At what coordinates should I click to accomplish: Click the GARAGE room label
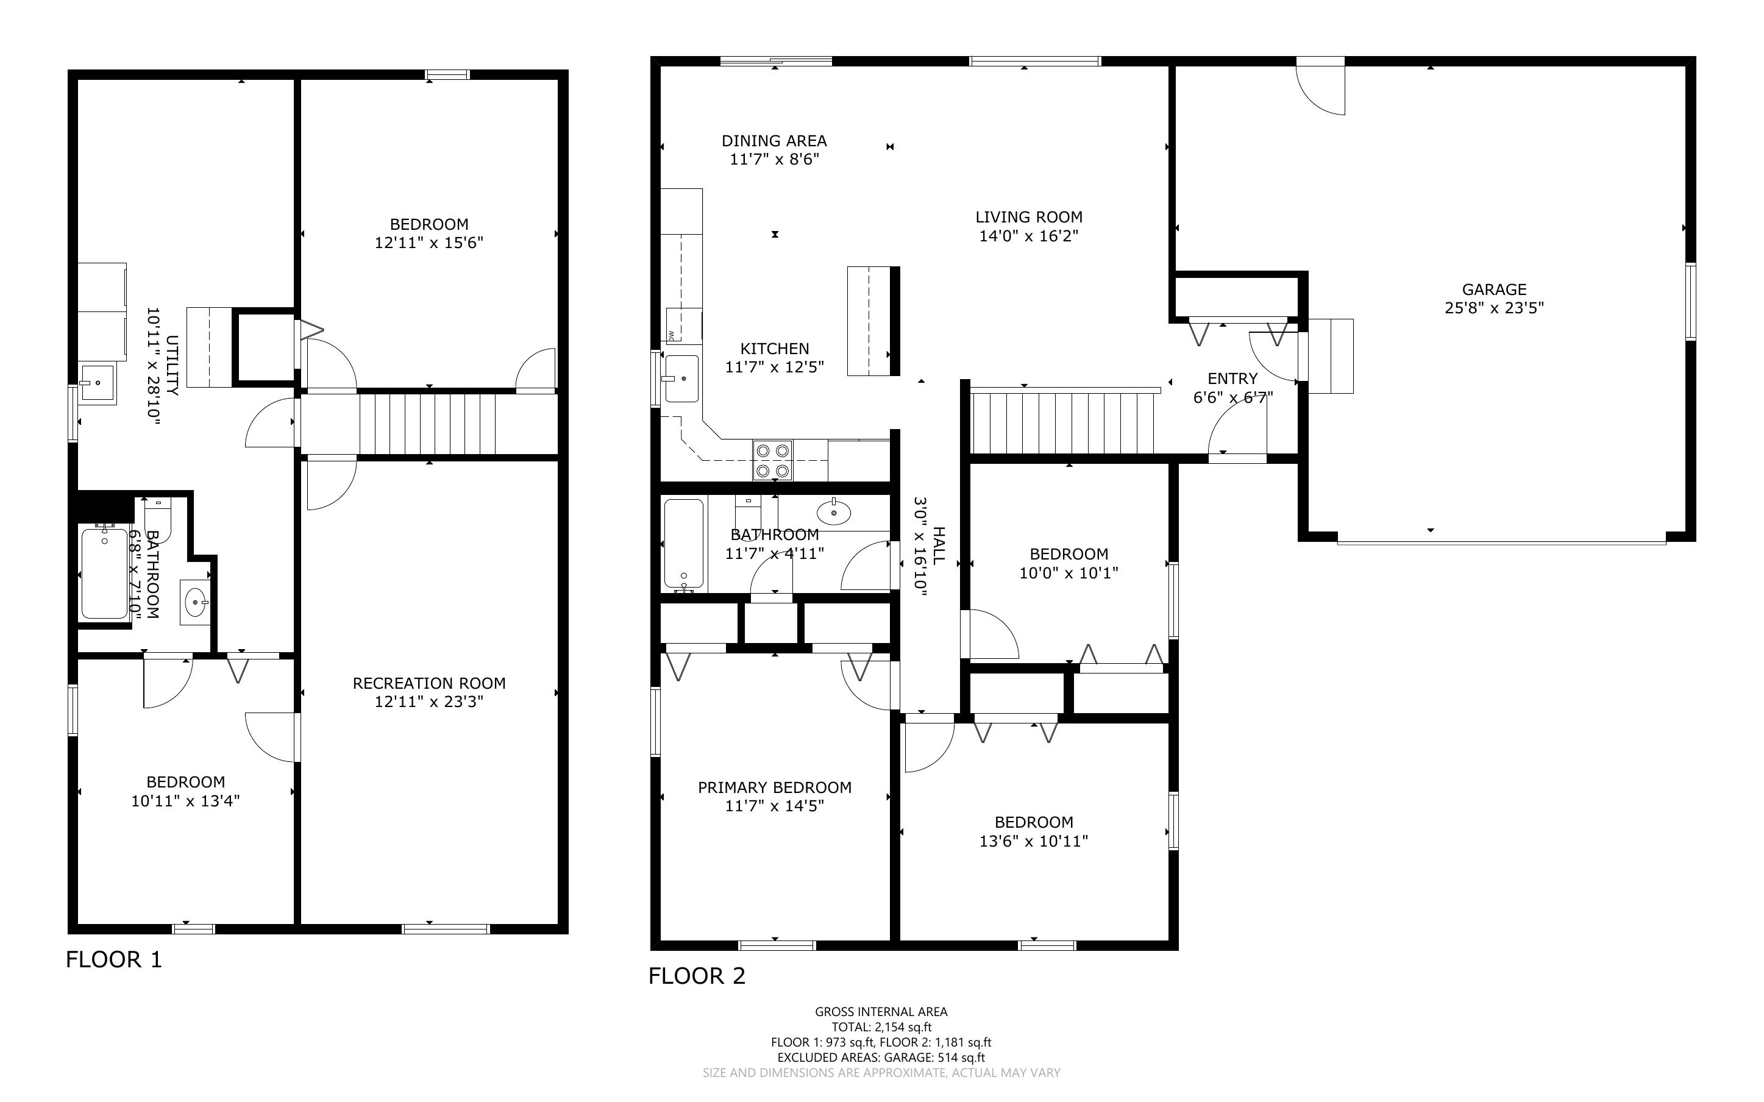(x=1494, y=290)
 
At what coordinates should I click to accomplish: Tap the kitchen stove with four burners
(x=773, y=460)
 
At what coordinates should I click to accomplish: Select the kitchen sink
(x=681, y=379)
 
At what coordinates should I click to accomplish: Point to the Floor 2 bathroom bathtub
(x=684, y=544)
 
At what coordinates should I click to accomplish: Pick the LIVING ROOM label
(x=1029, y=217)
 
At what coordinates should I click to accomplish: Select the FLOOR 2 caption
(x=697, y=976)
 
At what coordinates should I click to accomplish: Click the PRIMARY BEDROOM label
(x=775, y=787)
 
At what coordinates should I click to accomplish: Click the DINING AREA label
(x=774, y=141)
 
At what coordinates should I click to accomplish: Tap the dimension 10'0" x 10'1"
(x=1068, y=573)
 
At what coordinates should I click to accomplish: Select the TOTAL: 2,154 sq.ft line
(x=881, y=1027)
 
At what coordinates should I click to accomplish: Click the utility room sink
(x=97, y=383)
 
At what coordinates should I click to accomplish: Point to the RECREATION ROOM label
(x=429, y=683)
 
